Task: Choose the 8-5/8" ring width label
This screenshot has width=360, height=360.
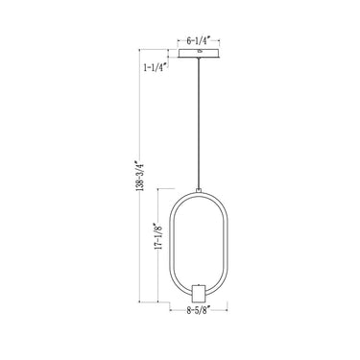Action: pos(198,310)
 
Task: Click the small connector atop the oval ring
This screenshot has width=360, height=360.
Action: pos(198,190)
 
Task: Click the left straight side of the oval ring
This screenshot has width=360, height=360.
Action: pos(173,244)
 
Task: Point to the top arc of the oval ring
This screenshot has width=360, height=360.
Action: pos(198,196)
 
